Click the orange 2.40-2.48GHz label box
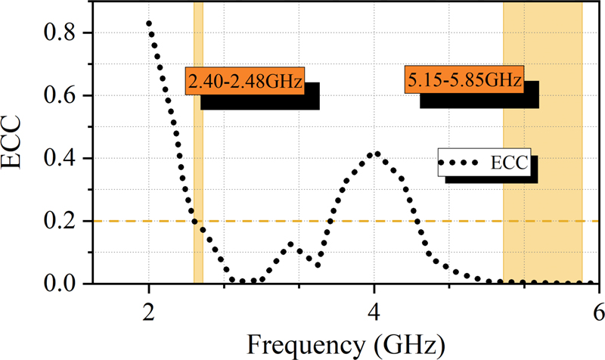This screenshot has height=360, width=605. pos(245,81)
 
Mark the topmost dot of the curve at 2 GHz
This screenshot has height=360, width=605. pos(149,23)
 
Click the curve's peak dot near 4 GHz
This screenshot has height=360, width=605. pos(376,154)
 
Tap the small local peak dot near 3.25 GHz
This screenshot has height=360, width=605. pos(291,244)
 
